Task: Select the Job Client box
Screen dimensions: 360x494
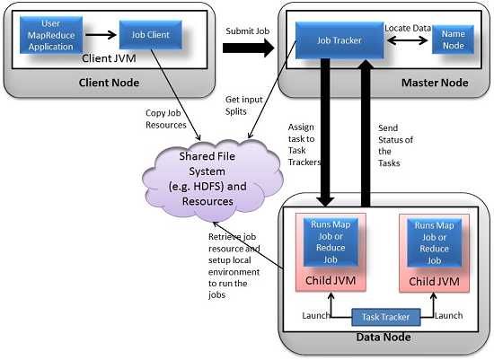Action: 150,36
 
